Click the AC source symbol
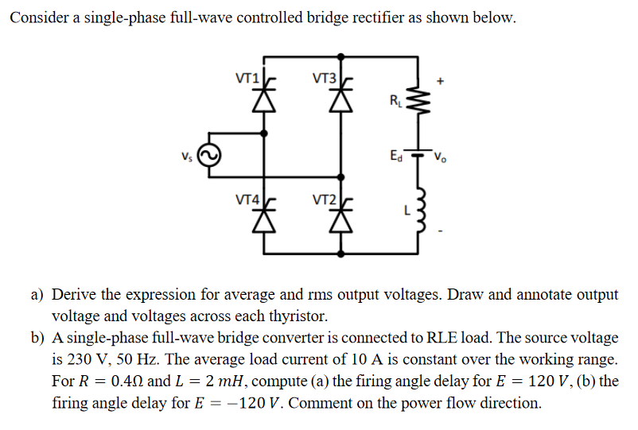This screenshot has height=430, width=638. click(210, 155)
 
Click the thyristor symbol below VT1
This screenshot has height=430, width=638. click(263, 97)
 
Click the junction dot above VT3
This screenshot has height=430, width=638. click(341, 56)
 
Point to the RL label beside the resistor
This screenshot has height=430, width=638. click(395, 101)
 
